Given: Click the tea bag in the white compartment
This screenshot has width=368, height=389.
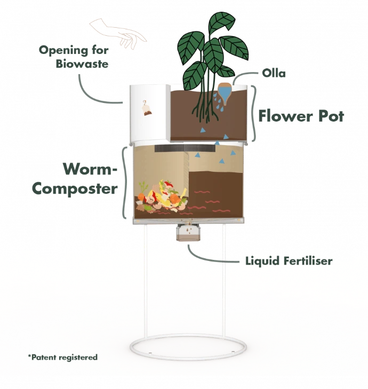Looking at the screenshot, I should [145, 109].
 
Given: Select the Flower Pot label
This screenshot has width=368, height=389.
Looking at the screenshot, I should [302, 116].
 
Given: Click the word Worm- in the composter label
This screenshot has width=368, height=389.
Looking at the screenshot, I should [90, 170].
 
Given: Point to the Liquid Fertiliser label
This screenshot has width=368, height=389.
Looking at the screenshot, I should [286, 261].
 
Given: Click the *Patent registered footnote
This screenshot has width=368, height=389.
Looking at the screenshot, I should [62, 356].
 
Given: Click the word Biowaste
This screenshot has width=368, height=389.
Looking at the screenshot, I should [83, 65].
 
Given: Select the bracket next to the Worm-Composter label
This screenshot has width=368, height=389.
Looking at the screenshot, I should [125, 181].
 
